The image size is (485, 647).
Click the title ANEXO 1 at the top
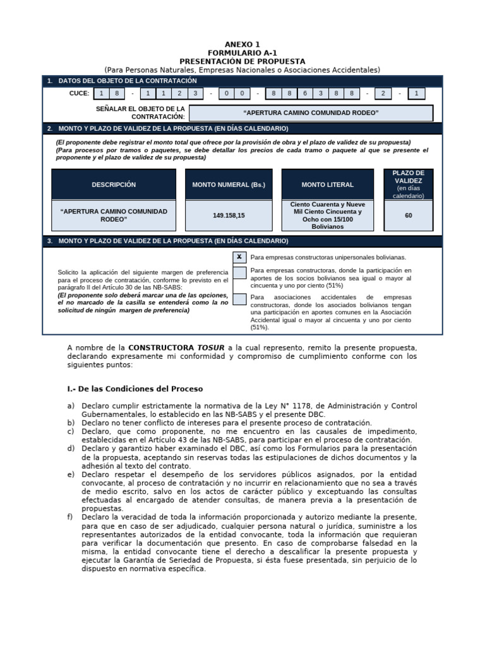pos(242,45)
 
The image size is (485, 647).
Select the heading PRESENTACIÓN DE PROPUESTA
pos(242,61)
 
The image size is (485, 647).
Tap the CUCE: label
pos(80,94)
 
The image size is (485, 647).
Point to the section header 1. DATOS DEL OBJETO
pos(126,81)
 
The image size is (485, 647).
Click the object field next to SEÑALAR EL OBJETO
pos(311,113)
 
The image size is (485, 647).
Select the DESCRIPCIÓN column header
pos(114,184)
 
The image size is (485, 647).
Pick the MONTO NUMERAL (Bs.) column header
pos(229,184)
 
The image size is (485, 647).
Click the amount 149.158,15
pos(229,215)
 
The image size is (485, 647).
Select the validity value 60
pos(408,215)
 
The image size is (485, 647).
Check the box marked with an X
pos(239,257)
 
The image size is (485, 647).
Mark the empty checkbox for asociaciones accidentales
pos(239,299)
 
